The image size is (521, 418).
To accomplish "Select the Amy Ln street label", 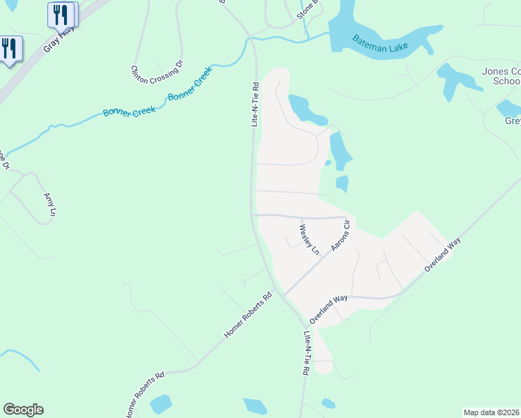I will tap(49, 207).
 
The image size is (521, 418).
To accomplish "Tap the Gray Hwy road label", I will tap(59, 39).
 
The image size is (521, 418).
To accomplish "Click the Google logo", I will tap(23, 410).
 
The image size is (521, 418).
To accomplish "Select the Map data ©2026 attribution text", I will tap(492, 412).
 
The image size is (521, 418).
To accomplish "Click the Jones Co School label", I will tap(501, 76).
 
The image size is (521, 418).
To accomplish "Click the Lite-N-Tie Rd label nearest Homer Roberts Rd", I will tap(304, 354).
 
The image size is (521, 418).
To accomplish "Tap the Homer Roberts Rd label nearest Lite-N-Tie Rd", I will tap(248, 316).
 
